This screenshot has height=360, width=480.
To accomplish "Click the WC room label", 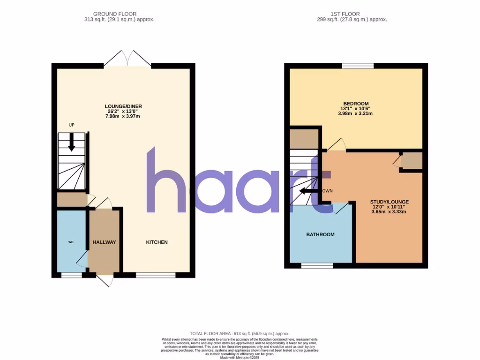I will click(x=71, y=242).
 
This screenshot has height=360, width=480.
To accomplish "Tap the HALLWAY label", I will click(x=104, y=242).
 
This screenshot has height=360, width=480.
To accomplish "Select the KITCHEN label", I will click(x=157, y=242).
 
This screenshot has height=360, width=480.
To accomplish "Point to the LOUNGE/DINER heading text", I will click(x=123, y=106).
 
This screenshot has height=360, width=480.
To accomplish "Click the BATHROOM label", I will click(x=321, y=234).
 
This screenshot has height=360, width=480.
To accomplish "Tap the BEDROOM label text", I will click(x=356, y=104).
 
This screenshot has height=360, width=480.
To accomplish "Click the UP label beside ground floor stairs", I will click(x=71, y=125).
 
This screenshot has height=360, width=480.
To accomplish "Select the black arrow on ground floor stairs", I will click(x=71, y=142).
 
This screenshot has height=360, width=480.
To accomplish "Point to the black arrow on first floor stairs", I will click(x=308, y=191).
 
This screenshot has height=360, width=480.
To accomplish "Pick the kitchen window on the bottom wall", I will click(x=156, y=275).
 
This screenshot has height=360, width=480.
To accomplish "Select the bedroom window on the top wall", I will click(x=358, y=66).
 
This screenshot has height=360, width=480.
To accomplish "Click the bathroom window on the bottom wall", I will click(x=317, y=265).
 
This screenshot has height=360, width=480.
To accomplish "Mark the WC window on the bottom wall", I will click(x=71, y=275).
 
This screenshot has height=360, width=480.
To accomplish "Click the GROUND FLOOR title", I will click(x=115, y=14).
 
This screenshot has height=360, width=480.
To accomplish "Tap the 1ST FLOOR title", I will click(x=352, y=14).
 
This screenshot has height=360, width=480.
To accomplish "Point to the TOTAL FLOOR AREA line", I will click(x=240, y=333).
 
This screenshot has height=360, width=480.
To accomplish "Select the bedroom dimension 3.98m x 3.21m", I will click(x=356, y=114).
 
